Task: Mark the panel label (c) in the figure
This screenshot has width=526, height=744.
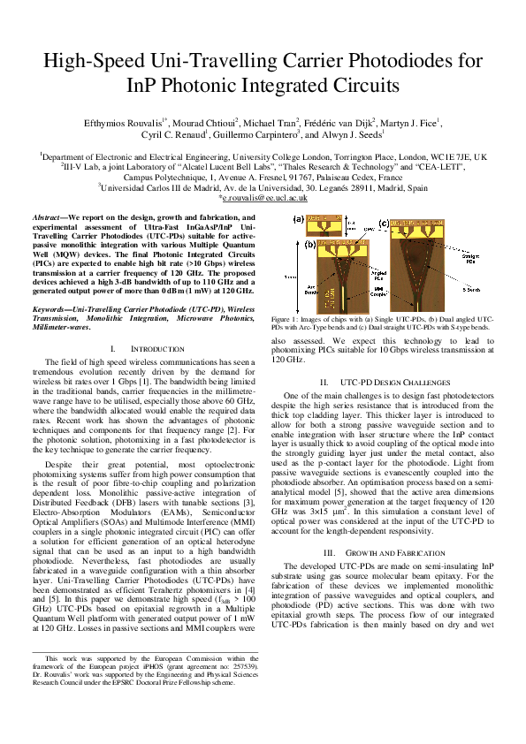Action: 384,224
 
